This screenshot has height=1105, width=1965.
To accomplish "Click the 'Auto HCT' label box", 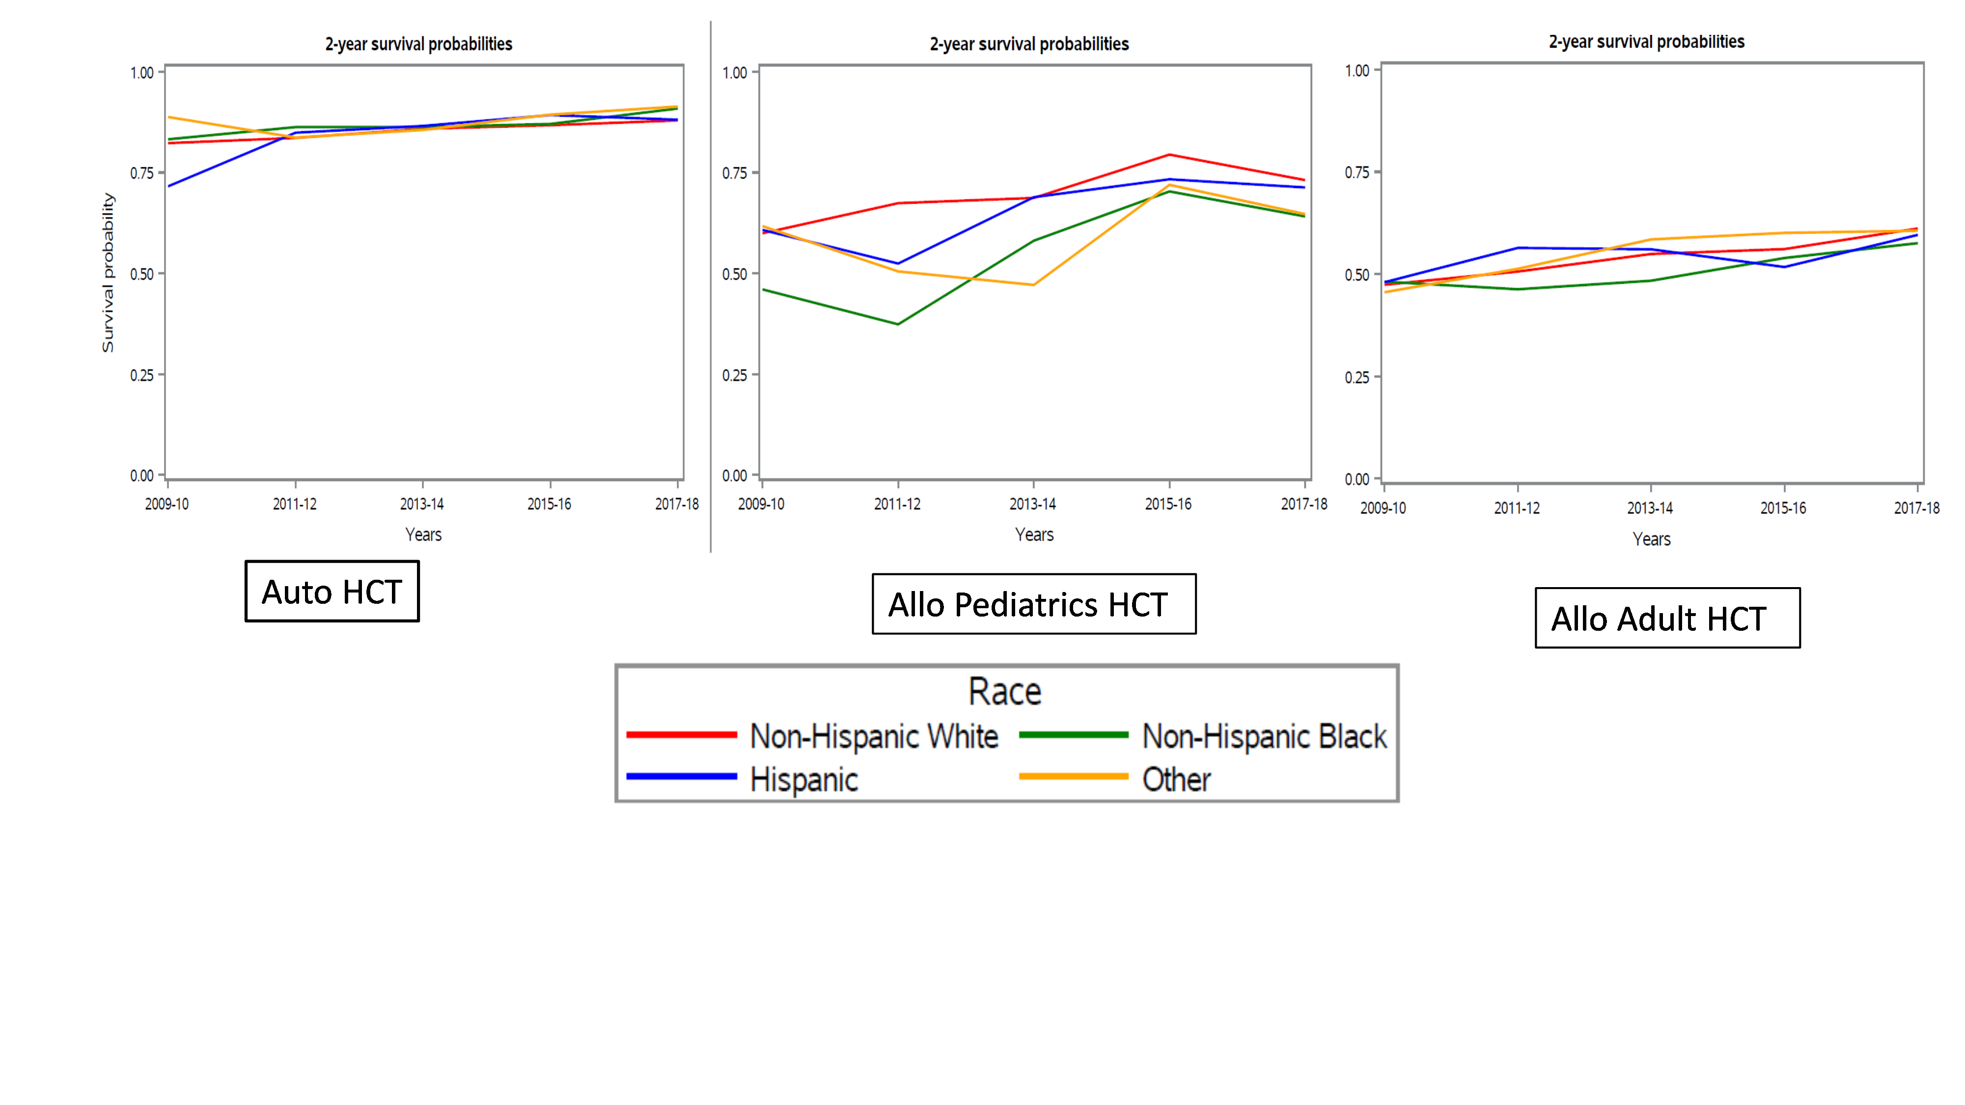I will point(332,592).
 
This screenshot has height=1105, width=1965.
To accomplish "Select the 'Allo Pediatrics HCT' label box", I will point(1034,604).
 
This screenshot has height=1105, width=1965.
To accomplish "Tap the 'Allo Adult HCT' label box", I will point(1667,618).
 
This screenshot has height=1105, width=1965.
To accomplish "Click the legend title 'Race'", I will point(1005,692).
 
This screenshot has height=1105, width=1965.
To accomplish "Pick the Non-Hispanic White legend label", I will point(873,737).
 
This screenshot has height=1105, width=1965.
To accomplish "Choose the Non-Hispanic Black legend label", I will point(1264,737).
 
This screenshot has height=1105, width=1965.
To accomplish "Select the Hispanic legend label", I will point(804,780).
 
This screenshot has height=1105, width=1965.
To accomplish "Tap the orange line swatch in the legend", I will point(1073,776).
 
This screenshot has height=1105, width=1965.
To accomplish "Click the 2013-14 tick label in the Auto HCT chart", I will point(422,504).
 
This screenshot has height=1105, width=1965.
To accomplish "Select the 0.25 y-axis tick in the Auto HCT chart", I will point(142,375).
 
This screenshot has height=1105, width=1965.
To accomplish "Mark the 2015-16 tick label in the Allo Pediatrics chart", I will point(1168,504).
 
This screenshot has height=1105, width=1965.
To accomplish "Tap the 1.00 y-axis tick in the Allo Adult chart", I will point(1357,71).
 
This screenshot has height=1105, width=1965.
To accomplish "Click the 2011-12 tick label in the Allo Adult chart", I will point(1517,508).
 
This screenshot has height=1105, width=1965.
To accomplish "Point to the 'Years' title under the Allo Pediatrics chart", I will point(1034,535).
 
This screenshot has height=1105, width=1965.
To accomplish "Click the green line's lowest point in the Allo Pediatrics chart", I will point(898,324).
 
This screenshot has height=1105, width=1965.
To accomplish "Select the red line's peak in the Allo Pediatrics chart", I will point(1169,155).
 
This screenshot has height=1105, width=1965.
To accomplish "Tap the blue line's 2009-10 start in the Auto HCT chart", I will point(169,185).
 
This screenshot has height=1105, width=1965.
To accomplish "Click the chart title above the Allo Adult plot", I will point(1646,42).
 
